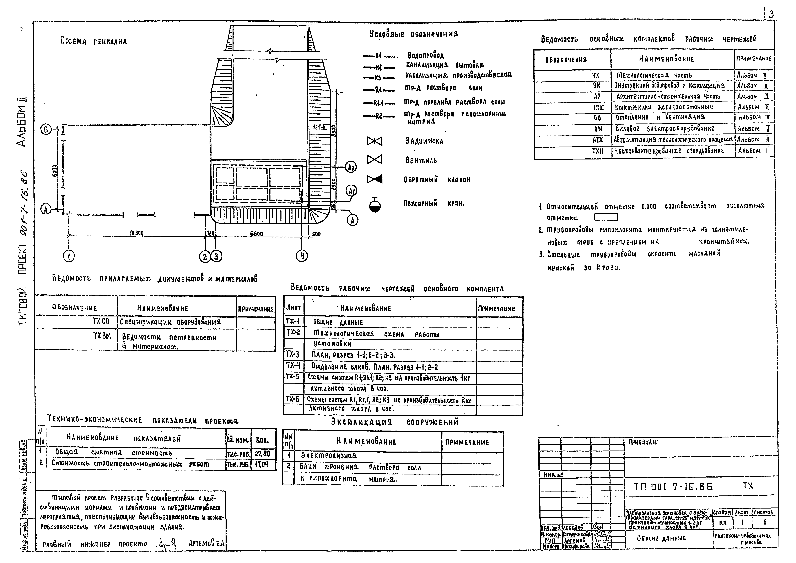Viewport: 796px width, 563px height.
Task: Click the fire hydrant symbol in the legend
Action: pos(375,205)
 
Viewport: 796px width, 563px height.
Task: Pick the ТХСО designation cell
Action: pos(101,322)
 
